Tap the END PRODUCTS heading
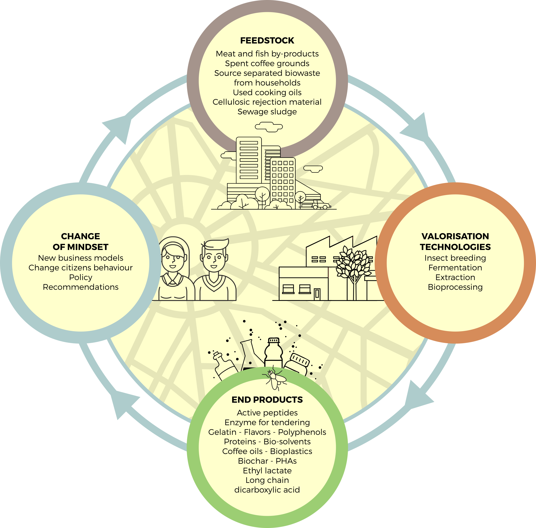coord(267,400)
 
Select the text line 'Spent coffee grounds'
coord(267,63)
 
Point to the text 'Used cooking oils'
coord(267,92)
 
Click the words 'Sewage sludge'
coord(267,112)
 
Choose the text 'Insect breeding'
coord(455,258)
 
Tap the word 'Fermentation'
coord(455,268)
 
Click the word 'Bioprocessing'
coord(455,287)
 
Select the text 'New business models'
coord(80,258)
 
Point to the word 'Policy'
coord(80,277)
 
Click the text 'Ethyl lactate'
coord(267,471)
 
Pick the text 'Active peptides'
coord(267,413)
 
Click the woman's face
coord(173,259)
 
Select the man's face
coord(214,259)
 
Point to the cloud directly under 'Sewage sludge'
coord(269,127)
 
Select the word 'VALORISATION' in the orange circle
coord(455,236)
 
